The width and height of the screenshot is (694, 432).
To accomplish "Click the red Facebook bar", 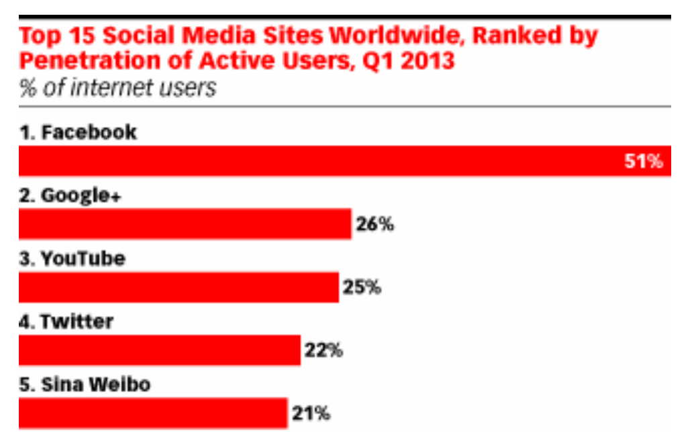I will pyautogui.click(x=322, y=161).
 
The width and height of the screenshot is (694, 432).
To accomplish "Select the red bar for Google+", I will pyautogui.click(x=185, y=224).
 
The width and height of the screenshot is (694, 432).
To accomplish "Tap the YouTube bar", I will pyautogui.click(x=179, y=287).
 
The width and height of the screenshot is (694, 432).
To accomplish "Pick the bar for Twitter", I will pyautogui.click(x=159, y=350).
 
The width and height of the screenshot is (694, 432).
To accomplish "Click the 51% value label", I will pyautogui.click(x=644, y=162).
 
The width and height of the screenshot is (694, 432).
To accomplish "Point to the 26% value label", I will pyautogui.click(x=375, y=225).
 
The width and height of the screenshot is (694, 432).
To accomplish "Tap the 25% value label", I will pyautogui.click(x=362, y=288).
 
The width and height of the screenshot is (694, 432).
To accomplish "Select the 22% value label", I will pyautogui.click(x=324, y=351).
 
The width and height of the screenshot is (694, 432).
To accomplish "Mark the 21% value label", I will pyautogui.click(x=311, y=414).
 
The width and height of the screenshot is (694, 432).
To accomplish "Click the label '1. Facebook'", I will pyautogui.click(x=78, y=132).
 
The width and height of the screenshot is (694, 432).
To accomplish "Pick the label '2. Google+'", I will pyautogui.click(x=73, y=196).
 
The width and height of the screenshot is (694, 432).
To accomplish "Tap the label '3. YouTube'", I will pyautogui.click(x=72, y=259).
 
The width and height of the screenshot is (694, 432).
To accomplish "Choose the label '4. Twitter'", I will pyautogui.click(x=66, y=322).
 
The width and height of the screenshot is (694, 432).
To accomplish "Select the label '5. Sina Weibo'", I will pyautogui.click(x=85, y=385).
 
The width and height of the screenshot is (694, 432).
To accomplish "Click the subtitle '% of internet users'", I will pyautogui.click(x=118, y=88).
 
